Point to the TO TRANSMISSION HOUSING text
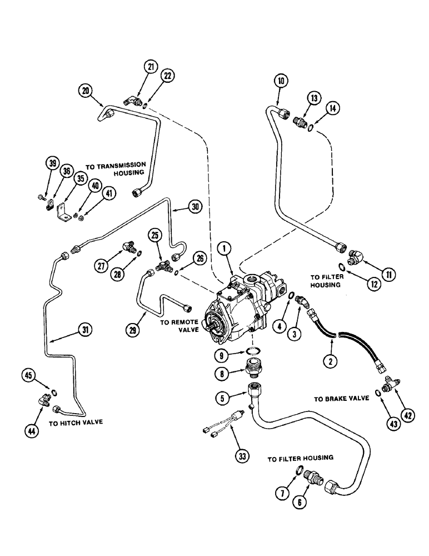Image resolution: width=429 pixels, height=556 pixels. (116, 169)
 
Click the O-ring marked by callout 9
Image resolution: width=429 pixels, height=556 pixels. (253, 350)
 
